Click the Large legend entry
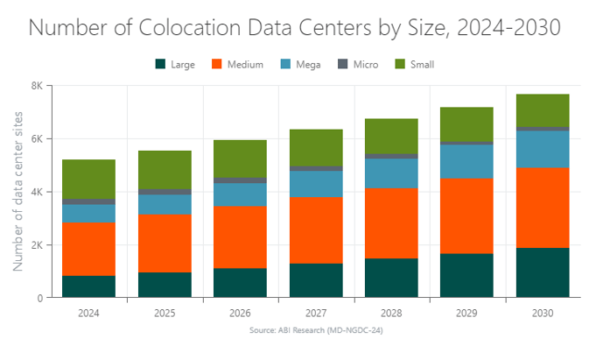[175, 64]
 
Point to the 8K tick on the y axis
[37, 86]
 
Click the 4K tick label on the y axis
[37, 192]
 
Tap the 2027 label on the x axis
[316, 312]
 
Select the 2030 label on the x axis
[543, 312]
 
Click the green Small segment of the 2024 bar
[88, 180]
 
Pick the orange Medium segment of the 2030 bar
[543, 208]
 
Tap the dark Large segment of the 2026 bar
[241, 283]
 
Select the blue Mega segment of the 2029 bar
[467, 161]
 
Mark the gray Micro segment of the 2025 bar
[165, 192]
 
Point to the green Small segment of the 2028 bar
[391, 136]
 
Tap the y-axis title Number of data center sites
[18, 191]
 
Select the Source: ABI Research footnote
[315, 331]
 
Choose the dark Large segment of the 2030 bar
[543, 272]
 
